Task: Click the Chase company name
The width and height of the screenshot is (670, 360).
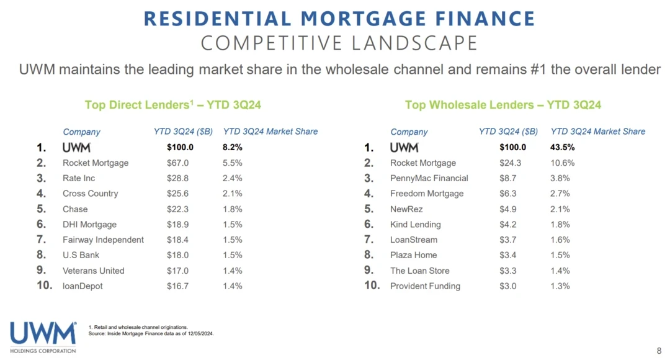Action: pos(75,209)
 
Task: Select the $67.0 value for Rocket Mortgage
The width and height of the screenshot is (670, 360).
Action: pos(177,163)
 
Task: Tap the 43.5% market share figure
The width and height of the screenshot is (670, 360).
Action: pos(562,148)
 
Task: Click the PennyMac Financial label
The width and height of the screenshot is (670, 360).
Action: pos(429,178)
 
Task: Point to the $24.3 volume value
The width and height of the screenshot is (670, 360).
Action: pos(510,163)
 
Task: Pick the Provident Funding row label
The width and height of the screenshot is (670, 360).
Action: pos(425,286)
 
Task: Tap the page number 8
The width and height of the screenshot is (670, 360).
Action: pos(659,351)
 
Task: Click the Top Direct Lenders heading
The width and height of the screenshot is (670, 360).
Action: pos(172,105)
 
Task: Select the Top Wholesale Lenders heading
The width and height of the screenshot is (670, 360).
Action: pos(502,105)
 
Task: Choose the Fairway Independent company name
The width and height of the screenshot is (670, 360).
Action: pos(103,240)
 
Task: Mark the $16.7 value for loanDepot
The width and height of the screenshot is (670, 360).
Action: pos(177,286)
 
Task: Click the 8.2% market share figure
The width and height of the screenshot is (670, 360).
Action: pos(232,148)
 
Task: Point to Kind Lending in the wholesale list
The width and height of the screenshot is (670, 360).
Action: pos(415,225)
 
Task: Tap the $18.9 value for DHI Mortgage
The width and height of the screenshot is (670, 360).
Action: pos(177,225)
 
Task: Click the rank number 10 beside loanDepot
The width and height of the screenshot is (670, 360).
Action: pos(44,286)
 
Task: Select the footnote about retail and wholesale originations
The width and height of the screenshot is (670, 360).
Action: pos(138,327)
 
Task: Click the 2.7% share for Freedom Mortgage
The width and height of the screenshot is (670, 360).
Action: pos(560,194)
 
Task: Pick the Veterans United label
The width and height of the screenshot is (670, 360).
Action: pos(93,271)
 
